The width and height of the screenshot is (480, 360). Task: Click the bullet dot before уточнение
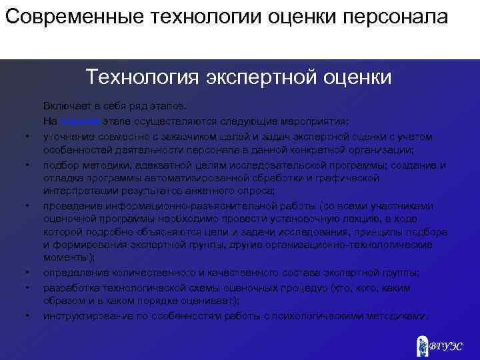pyautogui.click(x=27, y=137)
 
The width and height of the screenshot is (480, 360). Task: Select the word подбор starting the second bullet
pyautogui.click(x=59, y=165)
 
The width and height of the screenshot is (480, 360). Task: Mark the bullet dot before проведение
pyautogui.click(x=27, y=206)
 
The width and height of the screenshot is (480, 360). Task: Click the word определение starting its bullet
pyautogui.click(x=73, y=273)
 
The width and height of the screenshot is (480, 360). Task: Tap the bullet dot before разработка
pyautogui.click(x=27, y=288)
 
